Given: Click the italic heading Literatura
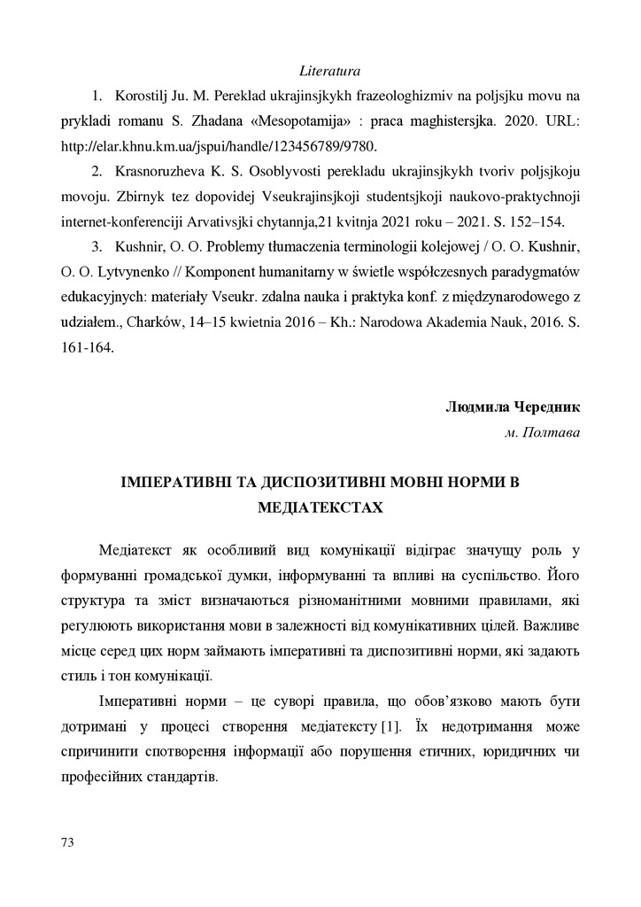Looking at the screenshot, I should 329,68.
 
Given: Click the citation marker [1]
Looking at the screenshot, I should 390,726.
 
